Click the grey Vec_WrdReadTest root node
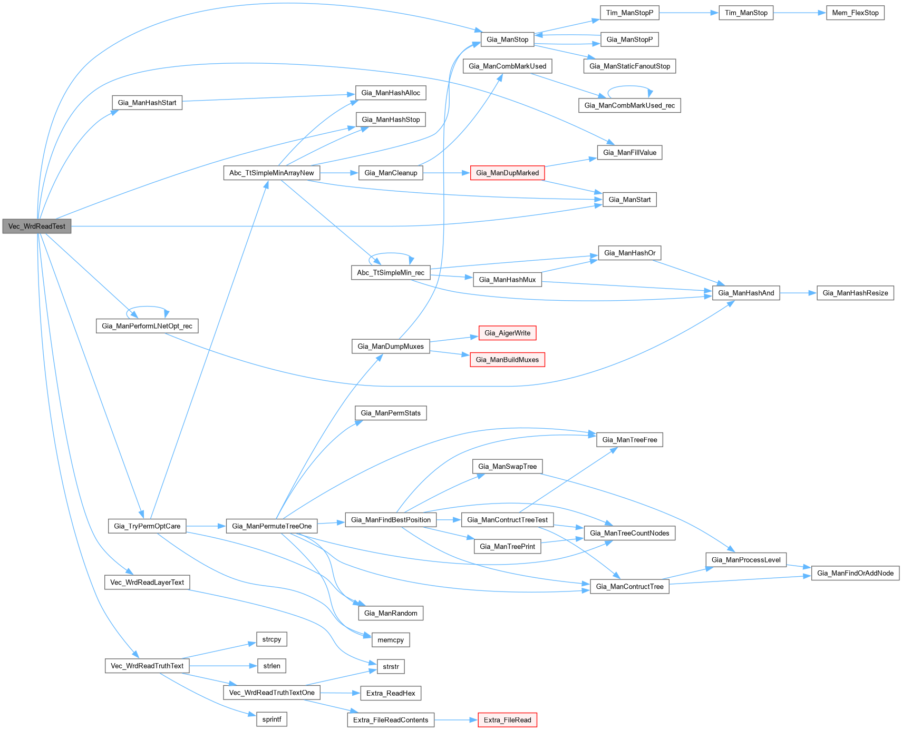(37, 226)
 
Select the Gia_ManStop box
(507, 40)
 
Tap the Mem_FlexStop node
(855, 13)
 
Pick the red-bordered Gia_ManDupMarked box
(507, 173)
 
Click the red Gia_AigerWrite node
(507, 333)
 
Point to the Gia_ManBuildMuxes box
(507, 360)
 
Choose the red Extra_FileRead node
(507, 720)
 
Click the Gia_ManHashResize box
(855, 293)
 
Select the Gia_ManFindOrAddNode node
(855, 573)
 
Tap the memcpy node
(391, 640)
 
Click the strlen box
(271, 666)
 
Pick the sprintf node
(271, 719)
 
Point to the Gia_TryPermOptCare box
(147, 526)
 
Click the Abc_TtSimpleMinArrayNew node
(271, 173)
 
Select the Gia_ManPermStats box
(391, 413)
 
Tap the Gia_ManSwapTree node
(507, 467)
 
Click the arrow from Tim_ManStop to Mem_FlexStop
(799, 13)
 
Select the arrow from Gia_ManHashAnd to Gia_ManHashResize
(798, 293)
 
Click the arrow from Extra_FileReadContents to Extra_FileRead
(456, 720)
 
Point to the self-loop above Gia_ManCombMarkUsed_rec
(630, 86)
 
